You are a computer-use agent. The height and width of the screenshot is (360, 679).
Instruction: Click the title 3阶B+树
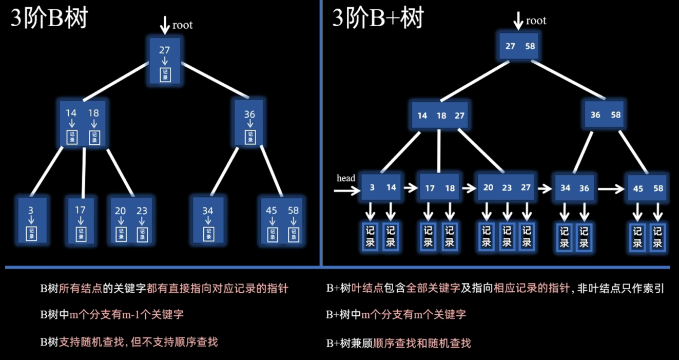pos(378,19)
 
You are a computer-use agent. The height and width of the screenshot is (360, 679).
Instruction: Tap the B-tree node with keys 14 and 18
pos(82,125)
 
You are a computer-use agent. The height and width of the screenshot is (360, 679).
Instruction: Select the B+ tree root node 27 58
pos(519,46)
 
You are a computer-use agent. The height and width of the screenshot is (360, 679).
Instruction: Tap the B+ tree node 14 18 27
pos(440,115)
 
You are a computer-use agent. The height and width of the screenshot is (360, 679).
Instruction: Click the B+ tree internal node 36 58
pos(605,115)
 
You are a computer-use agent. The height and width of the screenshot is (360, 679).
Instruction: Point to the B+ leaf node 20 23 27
pos(507,187)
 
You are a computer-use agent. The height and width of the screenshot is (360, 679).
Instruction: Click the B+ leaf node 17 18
pos(439,188)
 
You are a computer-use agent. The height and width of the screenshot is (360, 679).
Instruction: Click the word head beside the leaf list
pos(346,178)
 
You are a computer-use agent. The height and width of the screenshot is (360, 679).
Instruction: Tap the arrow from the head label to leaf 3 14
pos(347,191)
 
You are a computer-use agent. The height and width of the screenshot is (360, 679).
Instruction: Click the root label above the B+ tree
pos(536,21)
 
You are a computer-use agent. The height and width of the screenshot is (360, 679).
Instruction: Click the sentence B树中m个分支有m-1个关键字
pos(112,314)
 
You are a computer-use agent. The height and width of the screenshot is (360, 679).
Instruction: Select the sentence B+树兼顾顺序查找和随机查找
pos(398,343)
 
